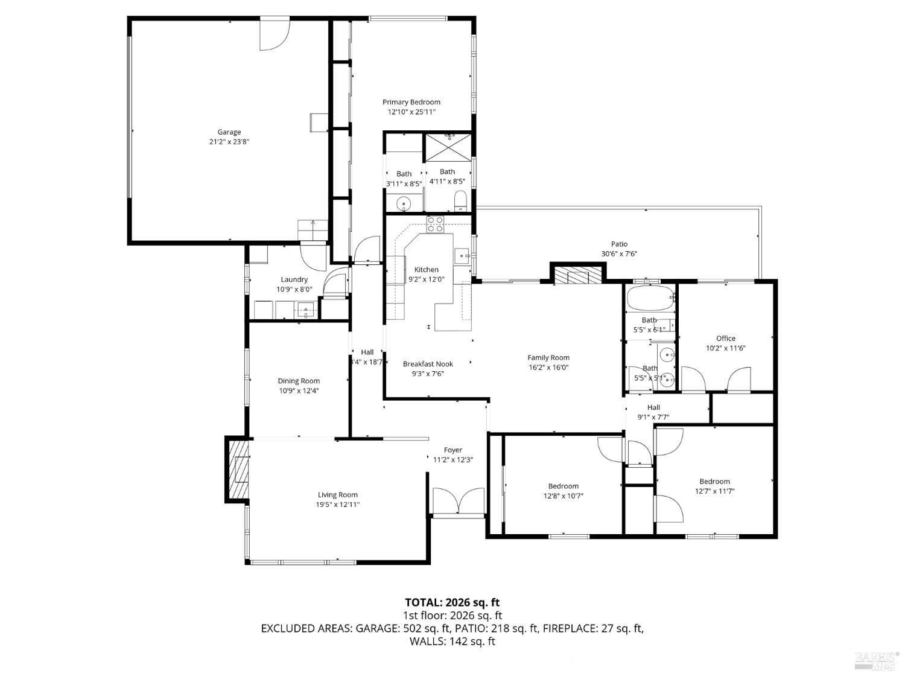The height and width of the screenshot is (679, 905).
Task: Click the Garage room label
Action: click(x=229, y=132)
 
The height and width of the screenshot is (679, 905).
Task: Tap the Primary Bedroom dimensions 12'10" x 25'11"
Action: click(x=411, y=112)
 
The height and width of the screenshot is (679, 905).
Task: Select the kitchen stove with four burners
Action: click(x=435, y=224)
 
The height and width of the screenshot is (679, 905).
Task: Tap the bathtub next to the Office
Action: click(x=649, y=298)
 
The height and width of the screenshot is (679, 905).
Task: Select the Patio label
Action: click(x=619, y=244)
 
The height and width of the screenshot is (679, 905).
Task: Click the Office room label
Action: click(x=725, y=339)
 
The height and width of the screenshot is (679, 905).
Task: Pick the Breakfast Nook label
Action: click(x=428, y=364)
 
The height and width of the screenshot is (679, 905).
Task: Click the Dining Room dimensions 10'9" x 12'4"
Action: click(x=299, y=391)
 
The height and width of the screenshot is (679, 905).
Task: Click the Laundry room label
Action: click(x=294, y=279)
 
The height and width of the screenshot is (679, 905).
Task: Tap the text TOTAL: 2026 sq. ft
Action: click(x=452, y=602)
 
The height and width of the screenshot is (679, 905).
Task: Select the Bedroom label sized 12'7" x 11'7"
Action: click(x=714, y=482)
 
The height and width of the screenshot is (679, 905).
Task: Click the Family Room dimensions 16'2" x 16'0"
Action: click(x=548, y=367)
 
